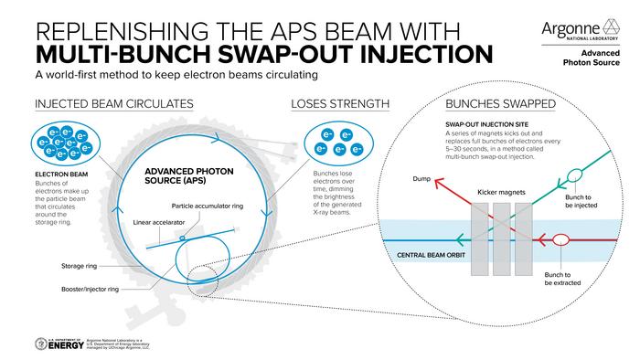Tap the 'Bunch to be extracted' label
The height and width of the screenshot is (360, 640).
[560, 278]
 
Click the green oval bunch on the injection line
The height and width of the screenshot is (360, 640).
[574, 174]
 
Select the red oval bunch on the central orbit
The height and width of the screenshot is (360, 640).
[560, 241]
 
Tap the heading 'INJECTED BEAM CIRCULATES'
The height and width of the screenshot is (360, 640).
[113, 104]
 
